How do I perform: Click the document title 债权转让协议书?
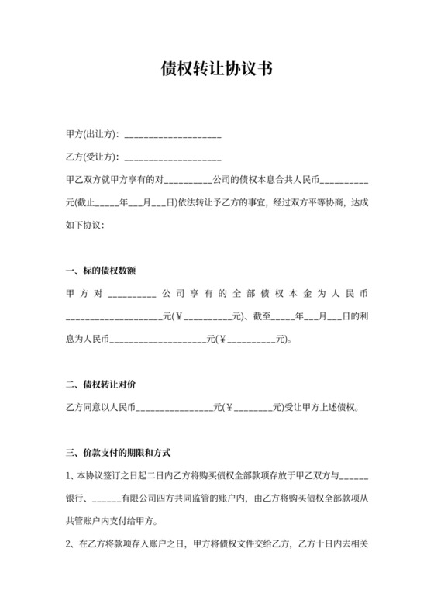coord(216,69)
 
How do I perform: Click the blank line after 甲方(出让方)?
coord(173,136)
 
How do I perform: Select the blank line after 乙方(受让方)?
coord(173,158)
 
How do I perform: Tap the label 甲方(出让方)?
coord(91,136)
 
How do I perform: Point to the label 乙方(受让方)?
coord(91,158)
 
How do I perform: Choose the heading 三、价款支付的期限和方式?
coord(119,452)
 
